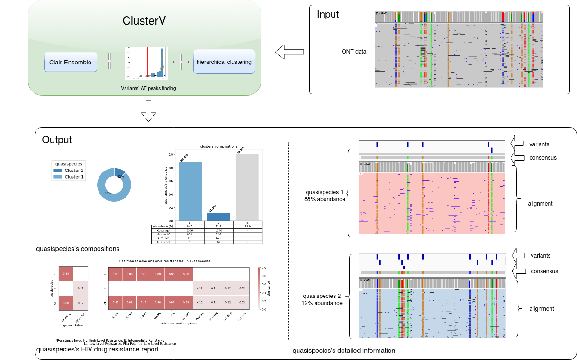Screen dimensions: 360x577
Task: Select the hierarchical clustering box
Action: point(224,62)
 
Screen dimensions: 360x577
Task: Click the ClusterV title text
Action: point(144,21)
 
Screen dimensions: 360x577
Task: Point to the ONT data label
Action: point(354,52)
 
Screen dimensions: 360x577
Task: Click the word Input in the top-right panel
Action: point(328,15)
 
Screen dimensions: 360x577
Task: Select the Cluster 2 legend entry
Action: point(70,171)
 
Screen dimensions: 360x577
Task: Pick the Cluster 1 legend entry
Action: point(70,177)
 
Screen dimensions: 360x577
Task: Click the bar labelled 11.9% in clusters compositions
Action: point(219,216)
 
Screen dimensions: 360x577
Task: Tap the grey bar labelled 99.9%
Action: point(248,187)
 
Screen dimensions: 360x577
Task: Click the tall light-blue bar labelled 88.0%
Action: point(190,191)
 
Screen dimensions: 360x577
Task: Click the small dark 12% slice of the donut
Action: point(119,172)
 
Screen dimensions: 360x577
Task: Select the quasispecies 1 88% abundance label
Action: point(325,196)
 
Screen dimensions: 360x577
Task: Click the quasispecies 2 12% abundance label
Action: point(322,299)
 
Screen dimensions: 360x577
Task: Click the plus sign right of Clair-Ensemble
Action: point(109,62)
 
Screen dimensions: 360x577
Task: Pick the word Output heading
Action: point(57,140)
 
